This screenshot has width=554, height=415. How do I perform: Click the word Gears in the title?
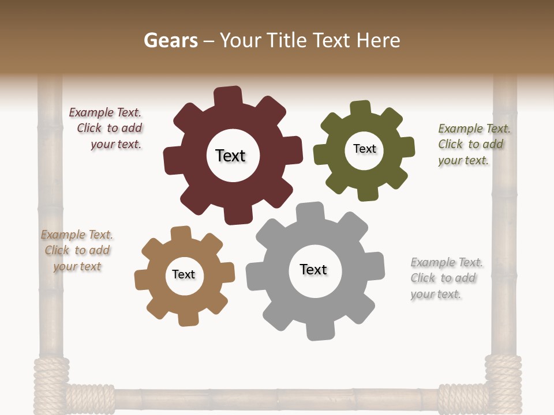pos(170,40)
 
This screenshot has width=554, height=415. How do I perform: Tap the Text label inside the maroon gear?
pos(231,156)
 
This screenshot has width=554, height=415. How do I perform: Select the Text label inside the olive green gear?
pos(364,149)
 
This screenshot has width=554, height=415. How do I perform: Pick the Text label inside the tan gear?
pos(184,274)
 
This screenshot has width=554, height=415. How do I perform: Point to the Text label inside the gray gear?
pos(313,269)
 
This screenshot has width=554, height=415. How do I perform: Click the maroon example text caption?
pos(107,129)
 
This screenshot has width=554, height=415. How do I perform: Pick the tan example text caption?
pos(77,251)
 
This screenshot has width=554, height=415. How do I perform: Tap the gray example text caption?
pos(446,278)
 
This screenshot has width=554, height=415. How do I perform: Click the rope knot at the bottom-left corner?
pos(51,383)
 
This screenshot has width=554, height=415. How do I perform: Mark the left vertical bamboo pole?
pos(50,231)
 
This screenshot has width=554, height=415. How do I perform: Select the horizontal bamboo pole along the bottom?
pos(277,399)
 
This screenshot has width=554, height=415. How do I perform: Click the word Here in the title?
pos(378,40)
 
